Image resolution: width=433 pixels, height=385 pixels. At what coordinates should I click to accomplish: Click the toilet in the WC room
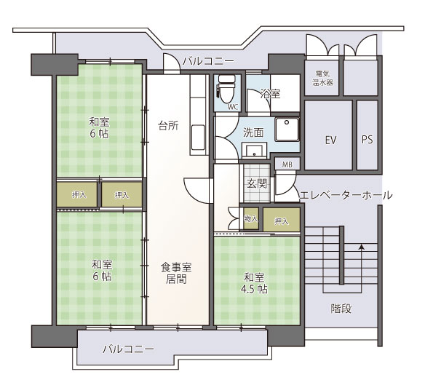226,88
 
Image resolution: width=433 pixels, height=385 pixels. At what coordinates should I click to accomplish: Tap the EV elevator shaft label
330,140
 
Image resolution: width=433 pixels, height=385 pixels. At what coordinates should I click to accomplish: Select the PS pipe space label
368,140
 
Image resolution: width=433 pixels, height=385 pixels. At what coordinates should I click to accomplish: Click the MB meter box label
287,164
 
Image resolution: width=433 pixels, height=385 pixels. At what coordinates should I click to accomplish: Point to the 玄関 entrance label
257,183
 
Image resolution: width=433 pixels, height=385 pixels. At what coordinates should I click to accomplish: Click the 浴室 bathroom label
270,94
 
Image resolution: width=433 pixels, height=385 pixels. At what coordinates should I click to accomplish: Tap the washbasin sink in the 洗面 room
254,151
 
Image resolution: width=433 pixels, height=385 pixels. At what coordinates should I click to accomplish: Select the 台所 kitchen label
168,125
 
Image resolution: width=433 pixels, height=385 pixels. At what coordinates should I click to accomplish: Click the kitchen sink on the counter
198,138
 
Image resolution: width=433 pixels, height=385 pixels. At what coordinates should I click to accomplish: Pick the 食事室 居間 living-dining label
176,273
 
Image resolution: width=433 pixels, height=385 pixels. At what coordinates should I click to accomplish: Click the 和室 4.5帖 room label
254,283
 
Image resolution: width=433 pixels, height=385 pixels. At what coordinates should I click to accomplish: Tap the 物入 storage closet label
251,219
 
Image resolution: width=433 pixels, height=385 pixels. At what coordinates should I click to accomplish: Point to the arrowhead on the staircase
361,247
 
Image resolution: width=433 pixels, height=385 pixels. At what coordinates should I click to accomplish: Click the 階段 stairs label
341,309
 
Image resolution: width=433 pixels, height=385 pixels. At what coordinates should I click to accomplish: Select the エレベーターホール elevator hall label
346,195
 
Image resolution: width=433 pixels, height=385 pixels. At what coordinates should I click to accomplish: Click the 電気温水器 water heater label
322,78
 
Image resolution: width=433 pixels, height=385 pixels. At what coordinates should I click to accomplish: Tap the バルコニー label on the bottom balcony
128,349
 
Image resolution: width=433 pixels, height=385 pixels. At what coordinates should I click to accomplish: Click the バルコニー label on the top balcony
208,60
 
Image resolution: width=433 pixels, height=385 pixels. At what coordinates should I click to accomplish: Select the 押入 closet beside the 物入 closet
282,220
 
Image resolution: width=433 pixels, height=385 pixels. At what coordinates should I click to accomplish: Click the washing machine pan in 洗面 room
287,130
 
